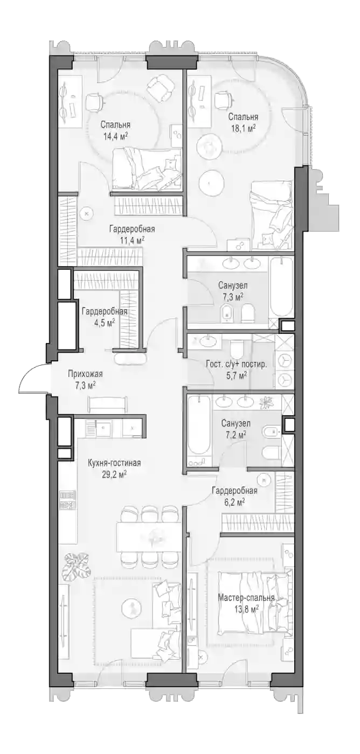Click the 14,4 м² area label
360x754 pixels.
[115, 136]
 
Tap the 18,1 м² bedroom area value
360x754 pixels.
[243, 128]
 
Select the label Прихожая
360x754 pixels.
[85, 374]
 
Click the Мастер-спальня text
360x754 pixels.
[246, 598]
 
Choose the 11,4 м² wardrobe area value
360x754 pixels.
[131, 241]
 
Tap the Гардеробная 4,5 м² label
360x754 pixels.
[105, 316]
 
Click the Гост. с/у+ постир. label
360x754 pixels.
[237, 364]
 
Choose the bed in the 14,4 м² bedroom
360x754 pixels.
[147, 169]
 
